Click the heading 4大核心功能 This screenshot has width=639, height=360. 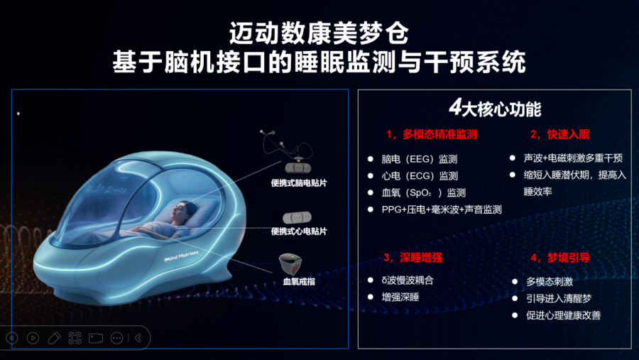point(495,109)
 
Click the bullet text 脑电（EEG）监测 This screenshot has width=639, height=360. point(420,159)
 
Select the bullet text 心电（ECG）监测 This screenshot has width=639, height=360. point(420,175)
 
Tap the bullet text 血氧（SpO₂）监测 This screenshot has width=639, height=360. point(423,192)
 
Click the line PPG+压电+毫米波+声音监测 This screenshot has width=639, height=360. point(442,209)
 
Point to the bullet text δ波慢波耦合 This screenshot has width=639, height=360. point(408,280)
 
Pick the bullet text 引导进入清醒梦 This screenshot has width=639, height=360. point(558,298)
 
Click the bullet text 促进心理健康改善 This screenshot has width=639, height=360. point(563,315)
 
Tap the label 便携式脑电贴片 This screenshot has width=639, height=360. point(299,183)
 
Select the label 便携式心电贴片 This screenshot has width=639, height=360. point(299,231)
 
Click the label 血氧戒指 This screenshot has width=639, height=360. point(299,281)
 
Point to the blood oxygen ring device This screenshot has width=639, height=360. point(290,263)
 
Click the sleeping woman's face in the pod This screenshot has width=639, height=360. point(180,211)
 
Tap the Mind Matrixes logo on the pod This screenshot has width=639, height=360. point(181,256)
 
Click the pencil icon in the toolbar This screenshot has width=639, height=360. point(54,338)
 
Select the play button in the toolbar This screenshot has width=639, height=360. point(33,338)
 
